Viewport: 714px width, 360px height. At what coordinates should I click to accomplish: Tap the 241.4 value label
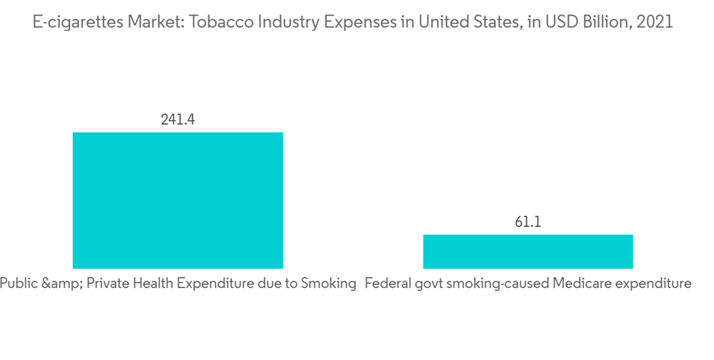pos(178,119)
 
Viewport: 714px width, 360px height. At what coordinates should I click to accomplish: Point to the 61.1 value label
pos(528,222)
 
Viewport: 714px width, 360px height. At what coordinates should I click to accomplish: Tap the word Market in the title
pos(146,22)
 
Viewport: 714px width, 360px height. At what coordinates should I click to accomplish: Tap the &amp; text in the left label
pos(61,284)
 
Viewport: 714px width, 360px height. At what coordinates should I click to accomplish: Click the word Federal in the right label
pos(386,284)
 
